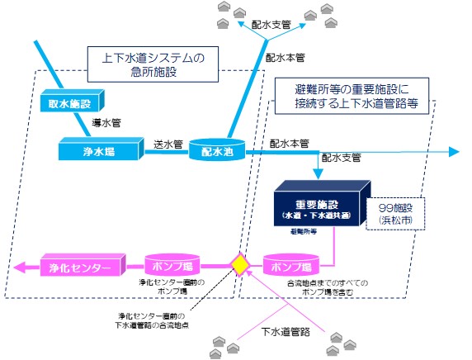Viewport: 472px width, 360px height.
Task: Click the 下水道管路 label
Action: [284, 333]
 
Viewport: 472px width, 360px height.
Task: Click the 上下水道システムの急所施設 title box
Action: [153, 64]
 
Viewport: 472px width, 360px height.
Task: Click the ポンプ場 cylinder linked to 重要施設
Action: [290, 267]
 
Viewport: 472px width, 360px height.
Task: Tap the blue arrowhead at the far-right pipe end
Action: [453, 152]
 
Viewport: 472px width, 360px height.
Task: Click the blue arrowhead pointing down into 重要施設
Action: [318, 173]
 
